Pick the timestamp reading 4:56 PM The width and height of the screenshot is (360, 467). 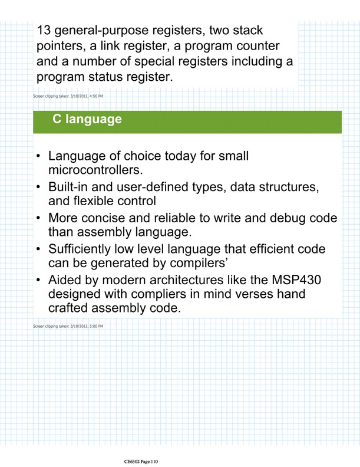click(95, 96)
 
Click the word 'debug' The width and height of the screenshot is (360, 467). click(289, 219)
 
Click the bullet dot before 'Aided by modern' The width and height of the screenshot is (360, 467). click(38, 281)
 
